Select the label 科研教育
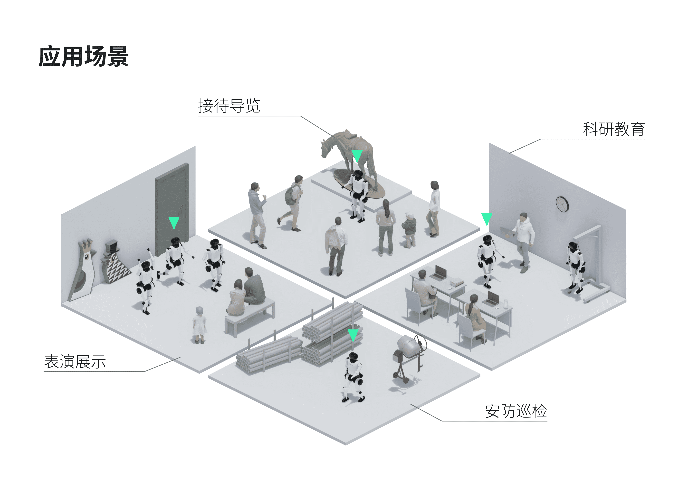point(614,129)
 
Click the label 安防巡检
point(516,411)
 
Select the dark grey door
point(172,209)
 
